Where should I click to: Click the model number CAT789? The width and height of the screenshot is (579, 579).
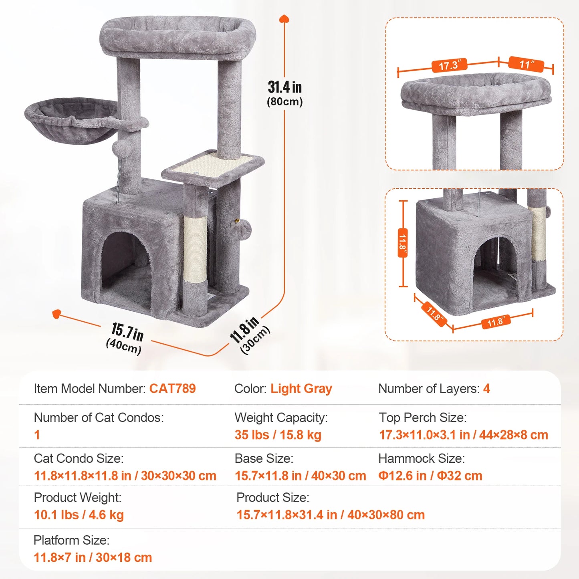click(172, 389)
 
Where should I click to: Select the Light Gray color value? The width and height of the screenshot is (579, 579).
click(301, 389)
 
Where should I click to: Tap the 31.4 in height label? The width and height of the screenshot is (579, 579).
click(284, 87)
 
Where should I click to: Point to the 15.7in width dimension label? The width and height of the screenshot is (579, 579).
click(127, 332)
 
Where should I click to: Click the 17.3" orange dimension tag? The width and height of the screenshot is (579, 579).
click(449, 65)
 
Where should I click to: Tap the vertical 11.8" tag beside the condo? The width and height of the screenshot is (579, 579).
click(403, 242)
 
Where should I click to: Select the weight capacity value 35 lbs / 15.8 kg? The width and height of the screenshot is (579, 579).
click(278, 435)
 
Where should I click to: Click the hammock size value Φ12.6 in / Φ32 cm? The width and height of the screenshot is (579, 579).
click(430, 476)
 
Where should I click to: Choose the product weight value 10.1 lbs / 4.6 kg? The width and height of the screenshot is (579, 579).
click(79, 515)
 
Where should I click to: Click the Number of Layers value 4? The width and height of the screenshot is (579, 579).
click(486, 389)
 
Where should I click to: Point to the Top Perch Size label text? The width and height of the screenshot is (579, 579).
click(422, 418)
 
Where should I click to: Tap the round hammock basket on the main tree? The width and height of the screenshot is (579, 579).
click(70, 120)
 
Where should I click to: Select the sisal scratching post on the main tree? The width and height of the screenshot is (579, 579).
click(195, 248)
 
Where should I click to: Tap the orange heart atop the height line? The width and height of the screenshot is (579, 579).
click(284, 18)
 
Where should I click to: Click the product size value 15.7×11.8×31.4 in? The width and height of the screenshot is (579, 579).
click(330, 515)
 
